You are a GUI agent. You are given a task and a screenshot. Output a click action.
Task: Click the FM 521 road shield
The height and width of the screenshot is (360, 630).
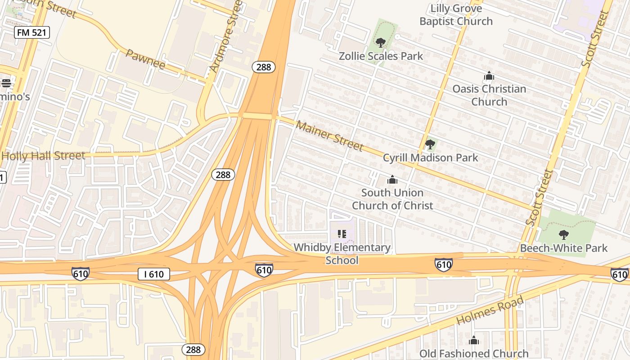point(31,32)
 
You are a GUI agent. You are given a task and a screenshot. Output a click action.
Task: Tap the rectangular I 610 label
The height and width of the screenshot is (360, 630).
point(153,274)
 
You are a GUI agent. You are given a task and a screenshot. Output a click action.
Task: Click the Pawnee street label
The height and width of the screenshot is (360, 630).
point(145,59)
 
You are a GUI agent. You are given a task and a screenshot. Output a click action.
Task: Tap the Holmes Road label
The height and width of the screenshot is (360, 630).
point(490,310)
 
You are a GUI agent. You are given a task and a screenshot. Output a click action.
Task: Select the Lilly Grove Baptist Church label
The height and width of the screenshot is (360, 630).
point(456,15)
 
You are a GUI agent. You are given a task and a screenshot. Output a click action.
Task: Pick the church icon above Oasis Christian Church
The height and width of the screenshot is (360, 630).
point(489,76)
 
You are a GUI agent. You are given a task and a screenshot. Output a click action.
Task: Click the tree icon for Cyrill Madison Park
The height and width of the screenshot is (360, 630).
point(430,144)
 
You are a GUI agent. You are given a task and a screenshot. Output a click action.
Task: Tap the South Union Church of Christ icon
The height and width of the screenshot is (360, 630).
point(392,180)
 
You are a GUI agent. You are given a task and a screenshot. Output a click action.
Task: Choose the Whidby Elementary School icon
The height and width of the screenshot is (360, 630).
point(342,234)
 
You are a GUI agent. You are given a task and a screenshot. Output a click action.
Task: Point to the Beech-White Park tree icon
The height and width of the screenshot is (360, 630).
point(563,234)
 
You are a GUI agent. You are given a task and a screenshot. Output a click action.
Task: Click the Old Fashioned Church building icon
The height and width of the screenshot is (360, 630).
point(474,341)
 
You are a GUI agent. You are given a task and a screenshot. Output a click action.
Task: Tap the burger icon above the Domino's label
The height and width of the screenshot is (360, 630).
point(6,83)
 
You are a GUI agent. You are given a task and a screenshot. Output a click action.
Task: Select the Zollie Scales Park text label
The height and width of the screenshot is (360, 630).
point(381,56)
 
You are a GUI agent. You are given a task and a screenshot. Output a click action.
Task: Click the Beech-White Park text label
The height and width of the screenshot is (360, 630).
point(563,248)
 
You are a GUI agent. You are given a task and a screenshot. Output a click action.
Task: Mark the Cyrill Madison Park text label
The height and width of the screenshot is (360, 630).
point(430,158)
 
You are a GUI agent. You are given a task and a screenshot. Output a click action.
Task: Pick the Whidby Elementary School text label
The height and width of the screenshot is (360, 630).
point(342,254)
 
